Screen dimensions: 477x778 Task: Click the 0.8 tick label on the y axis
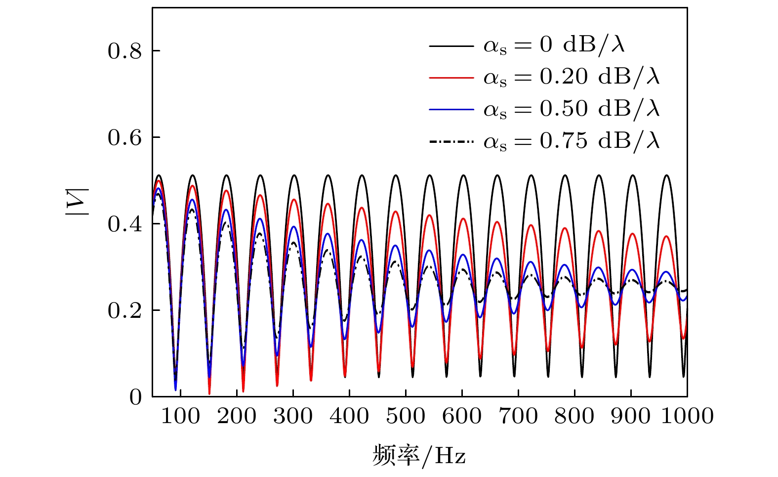tap(124, 51)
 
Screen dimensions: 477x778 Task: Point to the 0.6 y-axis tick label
tap(124, 138)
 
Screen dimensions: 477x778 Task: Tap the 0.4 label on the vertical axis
tap(124, 224)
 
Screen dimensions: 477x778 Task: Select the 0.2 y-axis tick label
tap(124, 311)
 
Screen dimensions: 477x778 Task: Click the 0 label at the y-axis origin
tap(135, 397)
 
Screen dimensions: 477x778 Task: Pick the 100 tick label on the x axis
tap(181, 416)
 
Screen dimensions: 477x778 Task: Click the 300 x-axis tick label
tap(293, 416)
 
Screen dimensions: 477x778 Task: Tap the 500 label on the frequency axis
tap(406, 416)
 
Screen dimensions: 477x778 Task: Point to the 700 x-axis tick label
tap(518, 416)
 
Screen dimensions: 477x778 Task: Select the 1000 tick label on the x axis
tap(687, 416)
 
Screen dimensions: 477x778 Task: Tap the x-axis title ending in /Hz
tap(419, 455)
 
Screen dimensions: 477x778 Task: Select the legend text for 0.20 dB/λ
tap(572, 77)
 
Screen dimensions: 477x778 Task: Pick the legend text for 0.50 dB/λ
tap(572, 109)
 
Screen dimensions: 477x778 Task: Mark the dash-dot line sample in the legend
tap(451, 142)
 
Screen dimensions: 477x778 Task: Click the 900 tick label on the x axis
tap(631, 416)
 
